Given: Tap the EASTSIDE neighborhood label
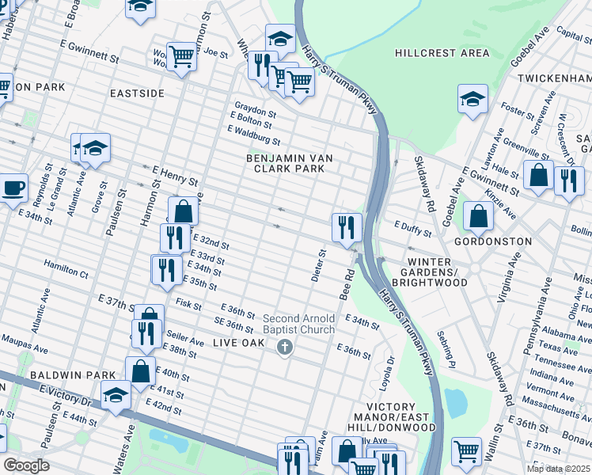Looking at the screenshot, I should [x=137, y=93].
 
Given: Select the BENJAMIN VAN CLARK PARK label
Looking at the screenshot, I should [x=289, y=164].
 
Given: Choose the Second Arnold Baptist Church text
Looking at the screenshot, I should [x=298, y=324].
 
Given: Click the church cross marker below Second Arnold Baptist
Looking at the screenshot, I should [x=285, y=347].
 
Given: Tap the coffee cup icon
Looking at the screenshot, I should [x=13, y=188].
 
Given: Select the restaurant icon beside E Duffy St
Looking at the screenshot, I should [x=347, y=227].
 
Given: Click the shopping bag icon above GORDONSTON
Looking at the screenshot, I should [x=478, y=215].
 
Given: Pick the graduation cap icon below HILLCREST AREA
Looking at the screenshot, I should [x=472, y=99].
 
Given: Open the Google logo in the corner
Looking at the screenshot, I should [x=26, y=465].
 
